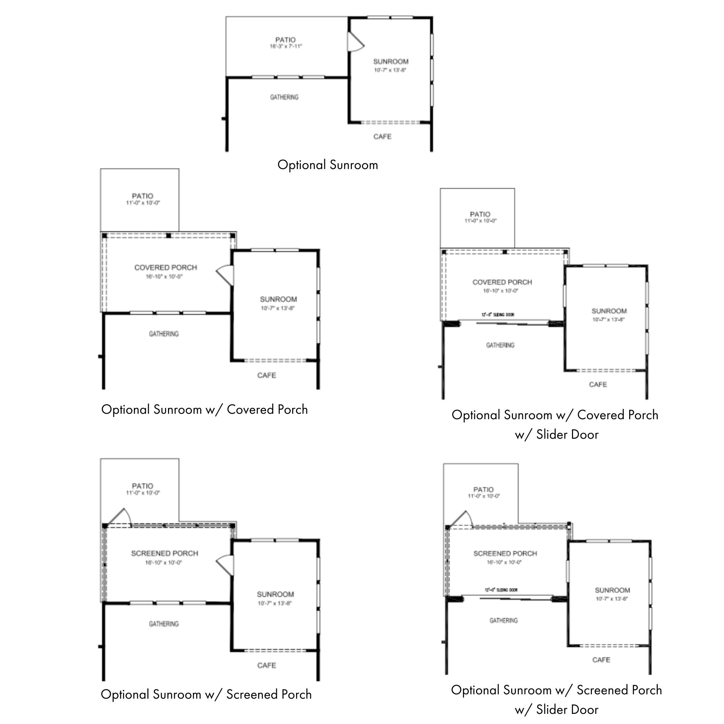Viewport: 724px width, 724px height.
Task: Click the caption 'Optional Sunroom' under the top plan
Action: pos(328,165)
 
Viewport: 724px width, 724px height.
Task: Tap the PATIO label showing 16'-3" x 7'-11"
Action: pos(286,43)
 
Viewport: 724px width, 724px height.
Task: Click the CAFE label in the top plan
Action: pos(382,137)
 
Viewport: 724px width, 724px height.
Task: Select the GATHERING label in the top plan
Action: pos(285,97)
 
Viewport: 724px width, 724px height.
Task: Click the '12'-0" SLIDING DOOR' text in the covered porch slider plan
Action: pos(498,315)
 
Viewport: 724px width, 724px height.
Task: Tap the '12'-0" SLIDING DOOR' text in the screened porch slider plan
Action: pos(501,590)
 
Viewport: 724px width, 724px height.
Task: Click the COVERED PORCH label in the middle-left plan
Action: pos(166,268)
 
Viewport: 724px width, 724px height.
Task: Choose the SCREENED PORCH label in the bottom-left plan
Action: pos(164,553)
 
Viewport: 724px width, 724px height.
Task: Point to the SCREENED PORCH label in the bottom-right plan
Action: pos(505,553)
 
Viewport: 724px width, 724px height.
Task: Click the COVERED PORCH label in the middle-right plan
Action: pos(502,282)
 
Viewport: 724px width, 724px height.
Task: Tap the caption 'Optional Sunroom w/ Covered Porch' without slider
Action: pos(205,409)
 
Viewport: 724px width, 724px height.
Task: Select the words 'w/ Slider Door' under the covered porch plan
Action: pos(556,435)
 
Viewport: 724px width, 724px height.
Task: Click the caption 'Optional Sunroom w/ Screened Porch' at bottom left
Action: pos(206,694)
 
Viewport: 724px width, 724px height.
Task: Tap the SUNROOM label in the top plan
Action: pos(391,62)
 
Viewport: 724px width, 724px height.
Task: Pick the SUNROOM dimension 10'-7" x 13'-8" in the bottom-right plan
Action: pos(612,599)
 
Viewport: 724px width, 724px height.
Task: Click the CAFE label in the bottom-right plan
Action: pos(601,660)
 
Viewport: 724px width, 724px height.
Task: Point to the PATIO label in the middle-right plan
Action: pos(480,214)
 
